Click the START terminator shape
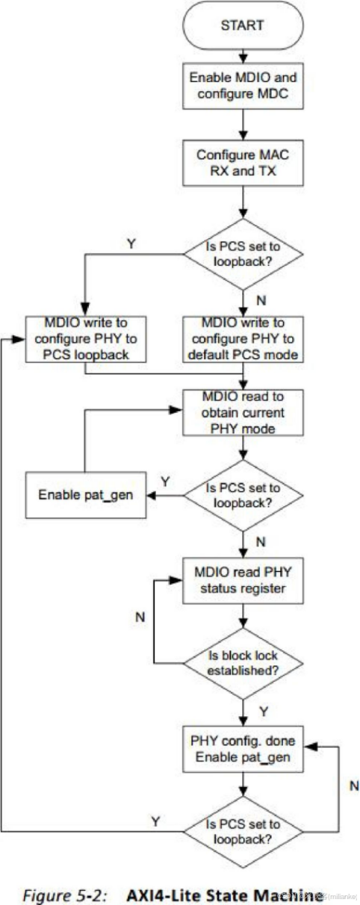(x=243, y=25)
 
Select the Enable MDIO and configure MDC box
(x=243, y=86)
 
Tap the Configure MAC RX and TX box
(x=243, y=164)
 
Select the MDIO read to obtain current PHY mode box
(x=243, y=411)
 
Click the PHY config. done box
(x=243, y=748)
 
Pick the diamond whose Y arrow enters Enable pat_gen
(x=243, y=494)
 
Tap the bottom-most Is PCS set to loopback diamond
(x=243, y=830)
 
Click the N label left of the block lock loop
(x=139, y=618)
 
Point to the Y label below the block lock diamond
(x=263, y=710)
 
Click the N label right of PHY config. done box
(x=354, y=786)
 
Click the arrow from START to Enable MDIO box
(x=243, y=55)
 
